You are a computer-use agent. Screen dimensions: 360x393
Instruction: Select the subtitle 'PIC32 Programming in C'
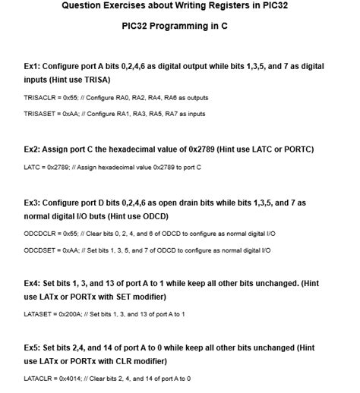[x=180, y=26]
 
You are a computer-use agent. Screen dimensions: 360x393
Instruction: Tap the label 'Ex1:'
[x=33, y=67]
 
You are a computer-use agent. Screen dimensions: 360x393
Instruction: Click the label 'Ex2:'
[x=33, y=149]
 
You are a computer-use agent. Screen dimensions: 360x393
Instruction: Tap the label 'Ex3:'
[x=33, y=203]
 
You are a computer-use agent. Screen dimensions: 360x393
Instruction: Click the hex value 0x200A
[x=69, y=313]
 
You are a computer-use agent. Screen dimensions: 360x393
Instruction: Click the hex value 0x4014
[x=69, y=378]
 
